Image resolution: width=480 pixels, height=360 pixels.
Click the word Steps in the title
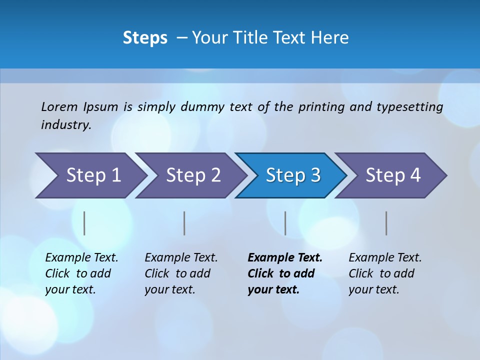(x=145, y=38)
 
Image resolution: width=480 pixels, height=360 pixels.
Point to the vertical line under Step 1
(x=84, y=223)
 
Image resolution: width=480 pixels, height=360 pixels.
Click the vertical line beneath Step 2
(x=184, y=223)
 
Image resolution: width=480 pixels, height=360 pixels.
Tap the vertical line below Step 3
(x=285, y=223)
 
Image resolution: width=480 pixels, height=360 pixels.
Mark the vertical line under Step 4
(x=386, y=223)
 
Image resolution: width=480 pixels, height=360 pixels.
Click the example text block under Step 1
(x=81, y=273)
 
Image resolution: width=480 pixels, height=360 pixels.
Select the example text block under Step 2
(x=180, y=273)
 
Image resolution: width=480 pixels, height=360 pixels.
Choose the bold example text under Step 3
(x=284, y=273)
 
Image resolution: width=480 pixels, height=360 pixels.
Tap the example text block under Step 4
(x=384, y=273)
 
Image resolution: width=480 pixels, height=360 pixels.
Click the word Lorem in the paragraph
(x=59, y=107)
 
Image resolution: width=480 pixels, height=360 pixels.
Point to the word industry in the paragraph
(x=66, y=125)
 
